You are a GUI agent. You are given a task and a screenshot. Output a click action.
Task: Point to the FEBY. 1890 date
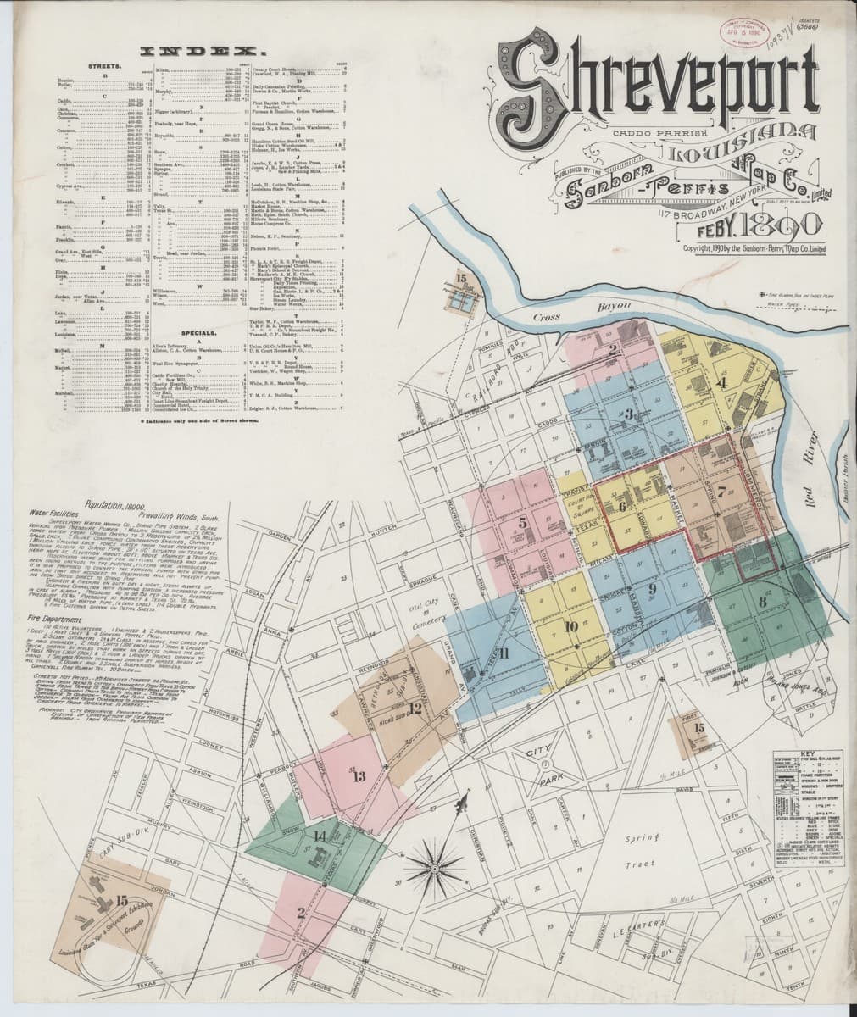[x=755, y=225]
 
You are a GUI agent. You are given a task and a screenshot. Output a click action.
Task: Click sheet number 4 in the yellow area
[x=721, y=382]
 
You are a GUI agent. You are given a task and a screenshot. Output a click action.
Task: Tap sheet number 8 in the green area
[x=763, y=603]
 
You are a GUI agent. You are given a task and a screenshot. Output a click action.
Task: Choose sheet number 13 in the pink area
[x=358, y=775]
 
